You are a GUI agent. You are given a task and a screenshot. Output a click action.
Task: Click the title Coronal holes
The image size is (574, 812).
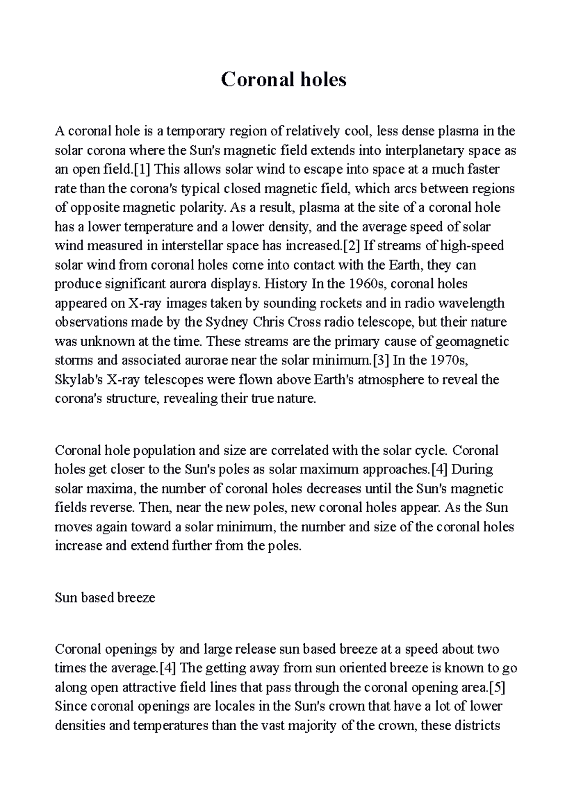coord(284,79)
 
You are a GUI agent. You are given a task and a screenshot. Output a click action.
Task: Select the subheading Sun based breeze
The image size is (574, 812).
coord(105,598)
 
